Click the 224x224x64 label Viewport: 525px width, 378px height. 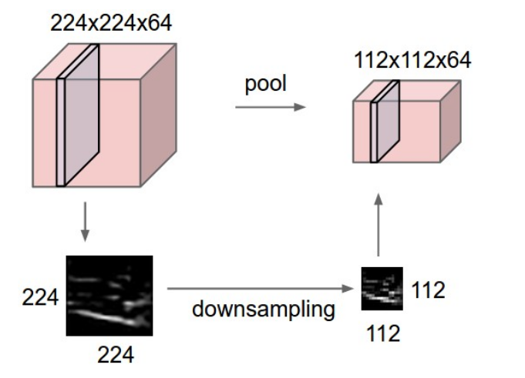pyautogui.click(x=111, y=23)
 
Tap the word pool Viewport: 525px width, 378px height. pyautogui.click(x=266, y=83)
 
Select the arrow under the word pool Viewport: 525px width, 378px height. pyautogui.click(x=270, y=107)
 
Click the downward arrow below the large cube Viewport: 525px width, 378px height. pyautogui.click(x=86, y=222)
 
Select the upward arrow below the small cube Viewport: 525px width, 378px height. pyautogui.click(x=379, y=224)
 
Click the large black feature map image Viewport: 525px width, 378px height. pyautogui.click(x=109, y=296)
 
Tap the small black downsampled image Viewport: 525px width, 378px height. pyautogui.click(x=382, y=288)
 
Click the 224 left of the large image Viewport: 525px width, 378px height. pyautogui.click(x=40, y=296)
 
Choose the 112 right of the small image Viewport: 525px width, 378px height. pyautogui.click(x=428, y=290)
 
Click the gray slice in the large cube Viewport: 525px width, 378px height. pyautogui.click(x=82, y=115)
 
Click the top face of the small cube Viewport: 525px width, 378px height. pyautogui.click(x=409, y=91)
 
